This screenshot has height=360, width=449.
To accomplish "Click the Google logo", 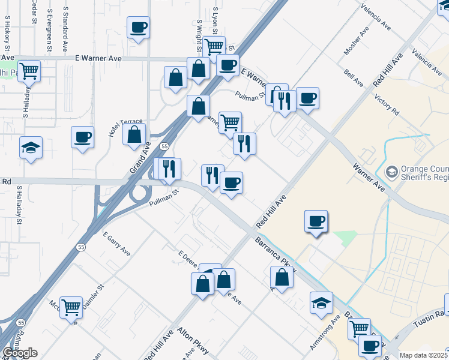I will click(19, 353).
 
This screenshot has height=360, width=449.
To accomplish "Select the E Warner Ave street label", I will click(99, 58).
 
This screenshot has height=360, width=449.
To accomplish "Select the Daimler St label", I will click(94, 295).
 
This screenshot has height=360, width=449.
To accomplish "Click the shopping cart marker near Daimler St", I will click(71, 307).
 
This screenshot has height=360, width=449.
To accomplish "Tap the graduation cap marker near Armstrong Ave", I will click(321, 302).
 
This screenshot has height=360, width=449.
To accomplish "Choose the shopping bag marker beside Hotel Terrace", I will click(134, 134).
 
